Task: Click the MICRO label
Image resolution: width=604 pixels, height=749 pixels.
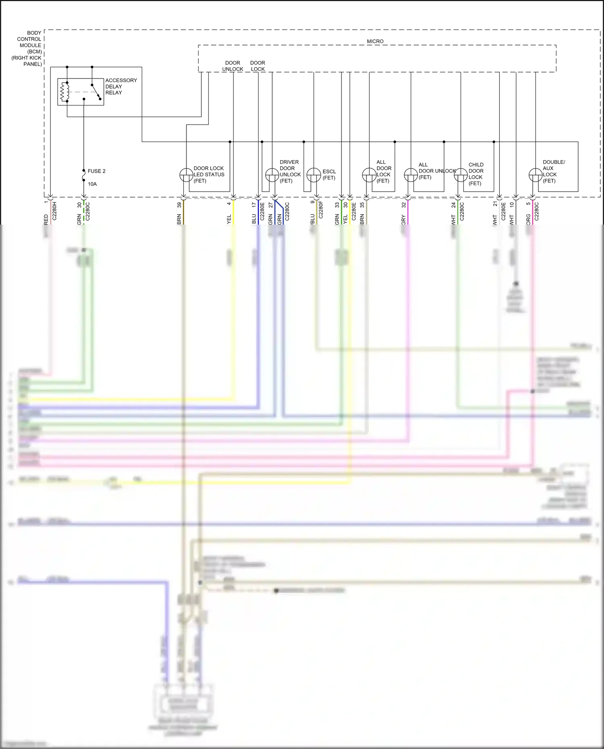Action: pyautogui.click(x=375, y=41)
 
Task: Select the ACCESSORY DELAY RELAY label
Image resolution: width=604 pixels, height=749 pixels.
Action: pyautogui.click(x=121, y=87)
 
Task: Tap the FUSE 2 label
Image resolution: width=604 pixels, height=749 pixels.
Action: pyautogui.click(x=97, y=171)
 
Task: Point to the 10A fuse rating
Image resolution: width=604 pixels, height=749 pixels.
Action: pyautogui.click(x=92, y=184)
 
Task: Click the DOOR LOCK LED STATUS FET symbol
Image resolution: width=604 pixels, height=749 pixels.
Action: pyautogui.click(x=186, y=175)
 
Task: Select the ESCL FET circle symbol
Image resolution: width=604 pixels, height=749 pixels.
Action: pyautogui.click(x=314, y=175)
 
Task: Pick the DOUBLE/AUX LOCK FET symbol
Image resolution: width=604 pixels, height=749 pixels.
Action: pyautogui.click(x=536, y=175)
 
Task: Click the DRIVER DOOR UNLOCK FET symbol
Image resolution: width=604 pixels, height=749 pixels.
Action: pyautogui.click(x=272, y=175)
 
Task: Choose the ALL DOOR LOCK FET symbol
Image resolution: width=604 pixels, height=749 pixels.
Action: pyautogui.click(x=369, y=175)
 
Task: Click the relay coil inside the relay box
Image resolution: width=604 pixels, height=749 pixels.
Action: pyautogui.click(x=64, y=92)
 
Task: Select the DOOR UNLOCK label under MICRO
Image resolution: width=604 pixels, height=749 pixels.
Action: pyautogui.click(x=232, y=66)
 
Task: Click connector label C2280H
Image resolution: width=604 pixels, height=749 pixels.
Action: pyautogui.click(x=54, y=211)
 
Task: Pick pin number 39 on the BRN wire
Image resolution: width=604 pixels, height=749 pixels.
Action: pyautogui.click(x=179, y=205)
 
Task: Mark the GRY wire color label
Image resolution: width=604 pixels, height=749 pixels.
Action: pyautogui.click(x=403, y=220)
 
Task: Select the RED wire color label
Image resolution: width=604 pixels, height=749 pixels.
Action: pyautogui.click(x=46, y=219)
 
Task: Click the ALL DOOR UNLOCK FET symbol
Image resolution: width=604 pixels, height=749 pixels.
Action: pyautogui.click(x=411, y=175)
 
